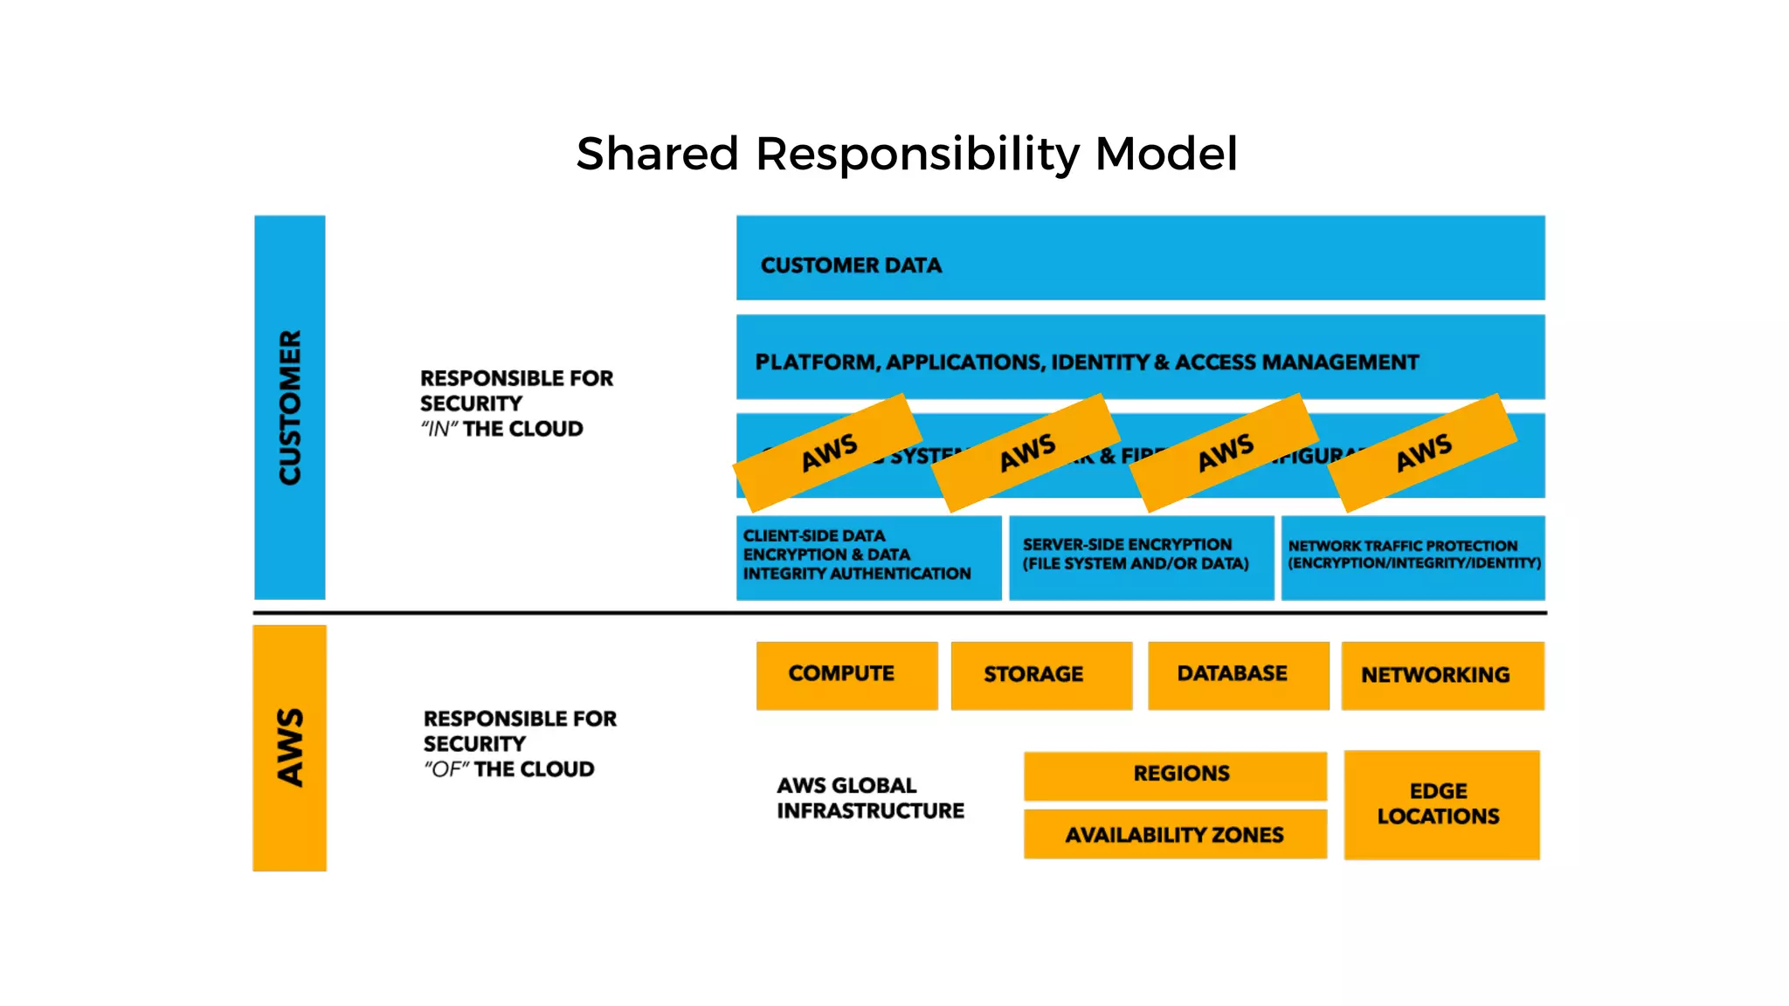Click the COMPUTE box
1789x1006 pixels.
846,674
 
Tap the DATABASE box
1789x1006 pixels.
1236,674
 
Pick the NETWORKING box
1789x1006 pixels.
1440,675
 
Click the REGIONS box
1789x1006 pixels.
1175,774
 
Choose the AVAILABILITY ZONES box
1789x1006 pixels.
1175,835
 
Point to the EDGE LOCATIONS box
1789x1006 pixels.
1440,804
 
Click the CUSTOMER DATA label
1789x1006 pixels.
851,265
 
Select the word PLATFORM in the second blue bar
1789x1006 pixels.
815,362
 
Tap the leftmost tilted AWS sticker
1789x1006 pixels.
828,452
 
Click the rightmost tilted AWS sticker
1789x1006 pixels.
1422,452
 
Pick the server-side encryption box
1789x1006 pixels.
1140,556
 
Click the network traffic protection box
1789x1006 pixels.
1413,556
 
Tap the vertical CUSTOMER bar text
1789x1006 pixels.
290,407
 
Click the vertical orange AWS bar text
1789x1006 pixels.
290,748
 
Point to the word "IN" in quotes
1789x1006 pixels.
439,430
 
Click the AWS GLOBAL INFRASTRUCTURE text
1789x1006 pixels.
869,798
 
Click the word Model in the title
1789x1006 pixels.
1165,154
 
